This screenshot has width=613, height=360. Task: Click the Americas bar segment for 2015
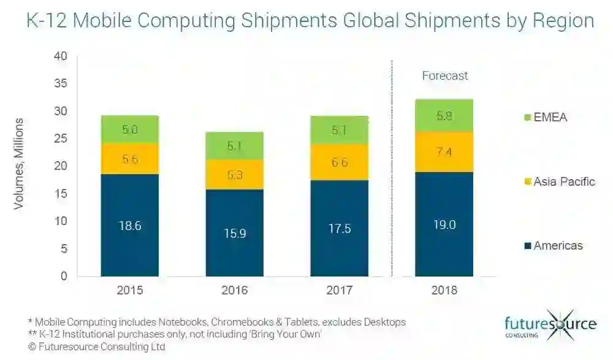coord(129,245)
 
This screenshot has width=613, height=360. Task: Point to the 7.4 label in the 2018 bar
coord(444,152)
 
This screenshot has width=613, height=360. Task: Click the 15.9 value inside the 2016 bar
coord(234,234)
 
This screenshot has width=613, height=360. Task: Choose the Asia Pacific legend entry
coord(557,182)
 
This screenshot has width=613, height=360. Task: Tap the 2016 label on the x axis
coord(234,290)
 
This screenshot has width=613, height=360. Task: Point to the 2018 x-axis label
coord(444,290)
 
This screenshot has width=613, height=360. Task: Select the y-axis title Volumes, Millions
coord(19,164)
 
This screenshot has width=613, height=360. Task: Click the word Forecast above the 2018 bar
coord(445,76)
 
